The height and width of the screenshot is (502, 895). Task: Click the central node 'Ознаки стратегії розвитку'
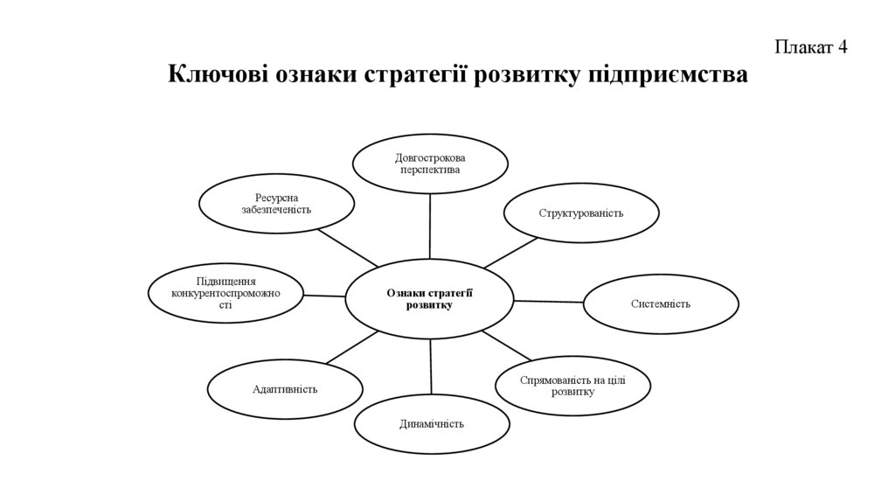pos(429,298)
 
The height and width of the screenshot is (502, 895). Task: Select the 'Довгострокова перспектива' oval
pos(429,163)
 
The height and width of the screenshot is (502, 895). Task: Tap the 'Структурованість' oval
pos(580,213)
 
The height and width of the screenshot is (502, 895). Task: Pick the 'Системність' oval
pos(661,303)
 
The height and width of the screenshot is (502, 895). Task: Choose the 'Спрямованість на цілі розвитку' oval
pos(572,385)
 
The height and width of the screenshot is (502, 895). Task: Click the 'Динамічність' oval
pos(431,424)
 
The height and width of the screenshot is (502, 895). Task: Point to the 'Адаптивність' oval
pos(284,388)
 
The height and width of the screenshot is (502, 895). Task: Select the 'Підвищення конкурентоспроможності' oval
pos(225,293)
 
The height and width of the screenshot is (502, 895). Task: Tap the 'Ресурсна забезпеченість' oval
pos(276,204)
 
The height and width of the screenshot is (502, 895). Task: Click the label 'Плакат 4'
pos(810,47)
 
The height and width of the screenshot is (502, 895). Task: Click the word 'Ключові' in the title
pos(218,75)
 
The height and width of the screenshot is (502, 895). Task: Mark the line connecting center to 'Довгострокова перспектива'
pos(430,226)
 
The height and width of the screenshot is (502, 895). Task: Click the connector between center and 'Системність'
pos(548,301)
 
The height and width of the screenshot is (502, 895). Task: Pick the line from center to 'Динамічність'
pos(431,366)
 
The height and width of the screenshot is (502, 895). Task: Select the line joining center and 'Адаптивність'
pos(351,346)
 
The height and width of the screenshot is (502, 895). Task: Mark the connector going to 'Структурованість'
pos(511,253)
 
